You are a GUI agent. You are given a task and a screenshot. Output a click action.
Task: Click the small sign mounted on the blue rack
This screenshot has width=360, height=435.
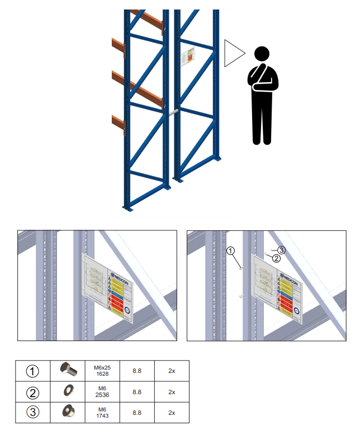coord(190,58)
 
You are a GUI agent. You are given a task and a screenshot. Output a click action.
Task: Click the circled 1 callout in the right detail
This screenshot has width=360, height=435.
coord(231,251)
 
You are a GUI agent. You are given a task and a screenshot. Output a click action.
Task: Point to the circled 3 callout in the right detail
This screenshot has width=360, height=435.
coord(282,250)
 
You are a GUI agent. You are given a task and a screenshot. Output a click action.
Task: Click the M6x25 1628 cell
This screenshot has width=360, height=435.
coord(102,370)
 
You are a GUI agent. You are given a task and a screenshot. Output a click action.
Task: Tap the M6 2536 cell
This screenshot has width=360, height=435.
coord(102,391)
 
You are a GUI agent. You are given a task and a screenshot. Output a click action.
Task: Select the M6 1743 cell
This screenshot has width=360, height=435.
coord(102,413)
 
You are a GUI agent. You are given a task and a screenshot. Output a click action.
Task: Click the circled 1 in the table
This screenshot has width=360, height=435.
coord(34,370)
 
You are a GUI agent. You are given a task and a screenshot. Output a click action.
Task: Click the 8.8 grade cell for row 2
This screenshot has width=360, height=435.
coord(136,391)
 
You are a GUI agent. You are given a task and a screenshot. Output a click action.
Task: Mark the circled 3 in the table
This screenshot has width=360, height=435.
coord(34,413)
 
